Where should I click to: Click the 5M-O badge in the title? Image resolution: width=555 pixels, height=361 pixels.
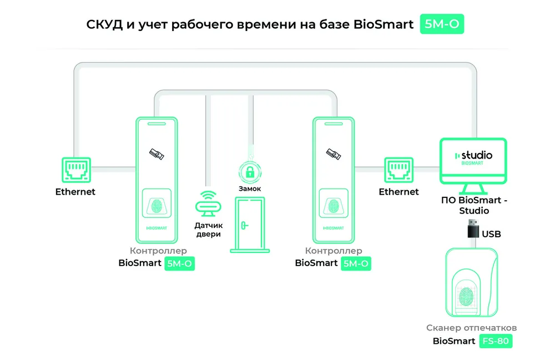tap(442, 24)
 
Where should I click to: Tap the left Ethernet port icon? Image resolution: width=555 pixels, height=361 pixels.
tap(77, 170)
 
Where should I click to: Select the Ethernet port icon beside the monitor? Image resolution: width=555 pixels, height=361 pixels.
tap(399, 170)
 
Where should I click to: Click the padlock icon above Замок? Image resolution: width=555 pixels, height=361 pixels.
tap(250, 172)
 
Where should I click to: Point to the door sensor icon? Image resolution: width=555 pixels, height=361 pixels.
tap(208, 204)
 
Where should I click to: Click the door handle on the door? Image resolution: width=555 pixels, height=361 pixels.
tap(244, 225)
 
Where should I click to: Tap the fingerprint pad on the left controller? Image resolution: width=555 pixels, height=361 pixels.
tap(157, 204)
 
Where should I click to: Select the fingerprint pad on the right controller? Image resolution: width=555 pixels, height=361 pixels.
tap(334, 204)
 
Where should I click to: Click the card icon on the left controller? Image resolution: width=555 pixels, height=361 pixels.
tap(157, 154)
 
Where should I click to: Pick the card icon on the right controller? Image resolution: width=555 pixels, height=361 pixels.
tap(334, 154)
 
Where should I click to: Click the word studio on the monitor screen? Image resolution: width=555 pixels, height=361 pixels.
tap(477, 155)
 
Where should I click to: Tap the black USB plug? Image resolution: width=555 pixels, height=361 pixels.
tap(473, 229)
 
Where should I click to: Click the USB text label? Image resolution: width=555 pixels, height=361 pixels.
tap(491, 234)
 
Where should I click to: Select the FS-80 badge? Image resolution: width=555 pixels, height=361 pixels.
tap(496, 341)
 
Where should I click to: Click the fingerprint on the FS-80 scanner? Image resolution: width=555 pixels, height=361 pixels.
tap(466, 296)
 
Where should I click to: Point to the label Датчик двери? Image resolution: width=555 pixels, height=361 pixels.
tap(209, 230)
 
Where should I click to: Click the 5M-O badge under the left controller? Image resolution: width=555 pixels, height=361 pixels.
tap(179, 263)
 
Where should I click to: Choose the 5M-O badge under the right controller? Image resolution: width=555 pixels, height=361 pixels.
tap(356, 263)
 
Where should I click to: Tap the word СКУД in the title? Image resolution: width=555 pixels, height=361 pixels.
tap(104, 24)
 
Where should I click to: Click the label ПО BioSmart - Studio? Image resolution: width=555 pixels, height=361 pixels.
tap(475, 205)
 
